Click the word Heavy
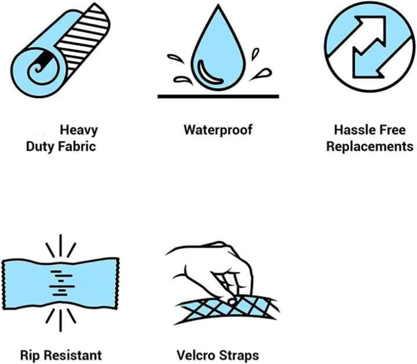click(x=79, y=130)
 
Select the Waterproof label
click(x=218, y=130)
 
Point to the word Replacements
click(x=370, y=146)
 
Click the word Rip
click(x=30, y=355)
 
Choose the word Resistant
click(x=72, y=355)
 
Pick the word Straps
click(x=239, y=356)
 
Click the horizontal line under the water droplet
click(x=218, y=96)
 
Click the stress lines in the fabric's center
click(x=61, y=283)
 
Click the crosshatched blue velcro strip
click(x=226, y=309)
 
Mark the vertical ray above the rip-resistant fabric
click(x=61, y=245)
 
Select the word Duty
click(x=40, y=147)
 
